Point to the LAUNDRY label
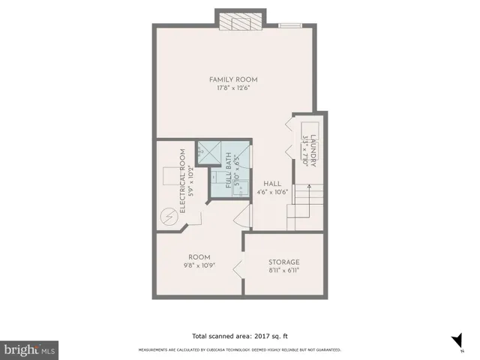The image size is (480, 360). tap(315, 149)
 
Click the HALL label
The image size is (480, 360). tap(271, 183)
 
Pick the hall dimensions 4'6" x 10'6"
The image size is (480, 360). tap(271, 192)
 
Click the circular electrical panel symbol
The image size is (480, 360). tap(169, 217)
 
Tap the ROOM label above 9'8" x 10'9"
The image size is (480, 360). tap(199, 256)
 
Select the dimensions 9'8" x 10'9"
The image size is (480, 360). tap(199, 265)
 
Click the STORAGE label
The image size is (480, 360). tap(283, 262)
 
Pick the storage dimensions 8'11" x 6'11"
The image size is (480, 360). tap(283, 271)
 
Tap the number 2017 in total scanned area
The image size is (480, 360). tap(254, 335)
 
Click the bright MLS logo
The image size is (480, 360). tap(29, 350)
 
